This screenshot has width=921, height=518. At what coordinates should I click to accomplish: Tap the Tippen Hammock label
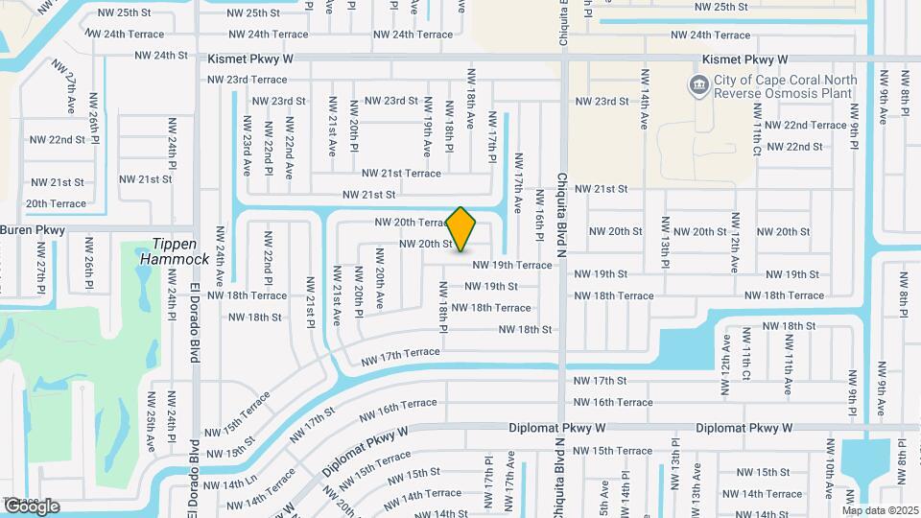174,251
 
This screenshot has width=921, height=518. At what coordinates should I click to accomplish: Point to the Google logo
31,506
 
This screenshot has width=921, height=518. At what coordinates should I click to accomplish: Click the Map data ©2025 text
880,509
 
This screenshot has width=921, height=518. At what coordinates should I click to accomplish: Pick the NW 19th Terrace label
511,265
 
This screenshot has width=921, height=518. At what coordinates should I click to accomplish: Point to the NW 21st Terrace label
401,173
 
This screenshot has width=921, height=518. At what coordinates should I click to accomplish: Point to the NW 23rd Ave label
246,146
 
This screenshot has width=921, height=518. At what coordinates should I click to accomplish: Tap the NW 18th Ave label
470,98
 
